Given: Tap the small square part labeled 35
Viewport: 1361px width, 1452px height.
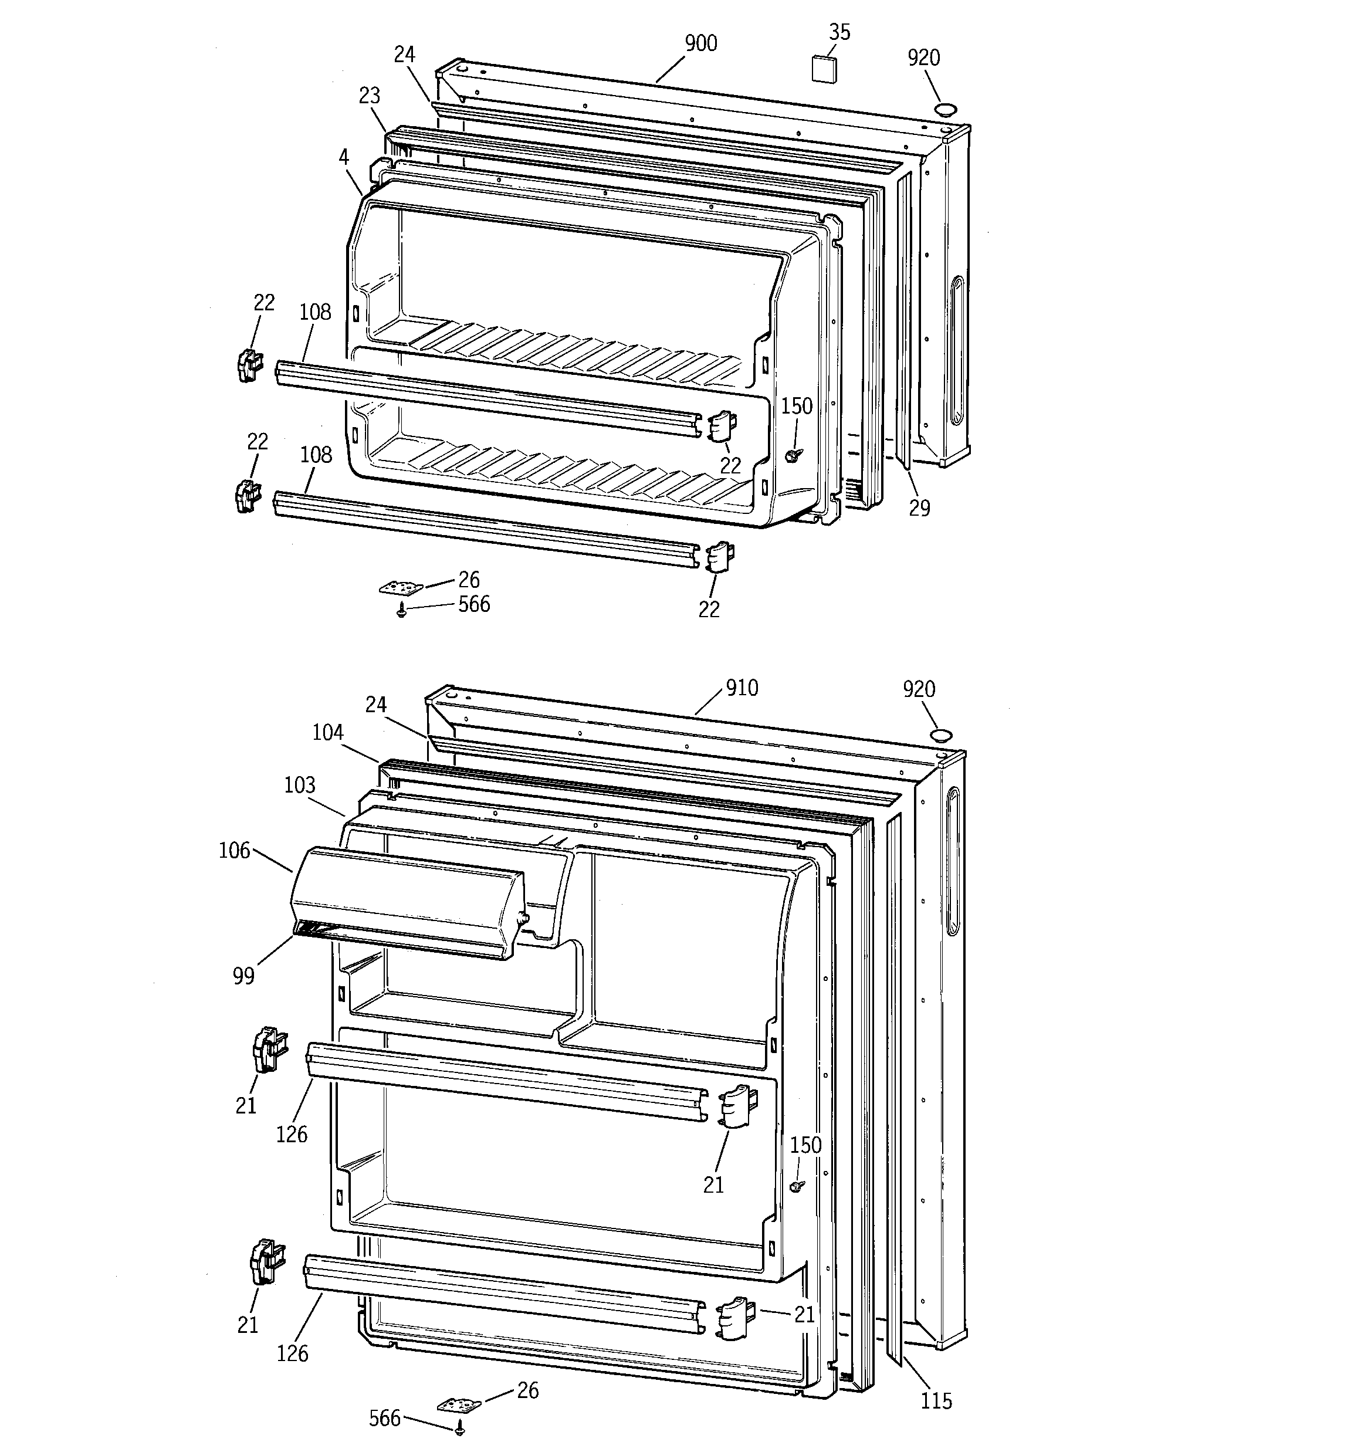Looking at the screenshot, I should tap(824, 68).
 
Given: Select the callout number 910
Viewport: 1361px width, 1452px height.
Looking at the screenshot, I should tap(742, 688).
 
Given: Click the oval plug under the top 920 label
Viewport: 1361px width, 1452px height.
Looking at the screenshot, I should tap(946, 110).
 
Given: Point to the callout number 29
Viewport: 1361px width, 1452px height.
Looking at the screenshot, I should tap(919, 508).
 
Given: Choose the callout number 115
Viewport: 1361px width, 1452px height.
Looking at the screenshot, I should tap(936, 1401).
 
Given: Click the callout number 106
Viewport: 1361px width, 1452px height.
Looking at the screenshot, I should tap(233, 850).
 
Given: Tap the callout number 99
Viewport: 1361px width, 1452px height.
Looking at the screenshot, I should tap(243, 976).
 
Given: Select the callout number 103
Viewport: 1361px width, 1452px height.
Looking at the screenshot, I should tap(300, 785).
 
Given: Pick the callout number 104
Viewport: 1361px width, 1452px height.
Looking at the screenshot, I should tap(327, 733).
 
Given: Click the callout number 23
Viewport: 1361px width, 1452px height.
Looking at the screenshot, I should tap(370, 96).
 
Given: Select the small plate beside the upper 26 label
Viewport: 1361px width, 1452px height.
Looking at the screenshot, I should tap(401, 587).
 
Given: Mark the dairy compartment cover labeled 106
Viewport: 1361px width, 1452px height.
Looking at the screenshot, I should tap(409, 902).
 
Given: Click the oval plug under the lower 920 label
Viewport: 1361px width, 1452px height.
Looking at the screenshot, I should tap(941, 735).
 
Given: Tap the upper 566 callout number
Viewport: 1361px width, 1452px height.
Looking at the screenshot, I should tap(474, 605).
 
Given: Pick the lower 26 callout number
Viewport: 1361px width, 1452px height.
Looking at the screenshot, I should tap(527, 1390).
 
